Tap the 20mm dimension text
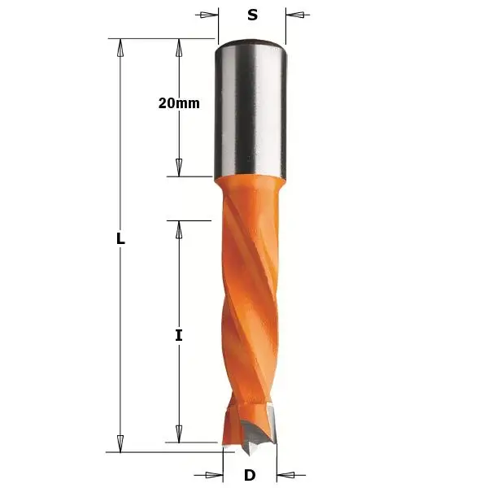click(179, 103)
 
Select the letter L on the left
click(120, 240)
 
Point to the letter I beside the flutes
click(179, 334)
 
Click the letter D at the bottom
click(250, 474)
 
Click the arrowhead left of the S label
click(210, 15)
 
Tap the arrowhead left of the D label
click(215, 474)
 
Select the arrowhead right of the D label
click(285, 474)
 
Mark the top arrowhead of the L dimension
click(120, 48)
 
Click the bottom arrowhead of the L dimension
click(120, 442)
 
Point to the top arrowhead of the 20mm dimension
click(179, 48)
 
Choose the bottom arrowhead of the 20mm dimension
click(179, 167)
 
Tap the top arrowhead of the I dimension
click(179, 229)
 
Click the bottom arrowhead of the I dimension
click(179, 433)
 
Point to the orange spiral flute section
click(250, 317)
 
